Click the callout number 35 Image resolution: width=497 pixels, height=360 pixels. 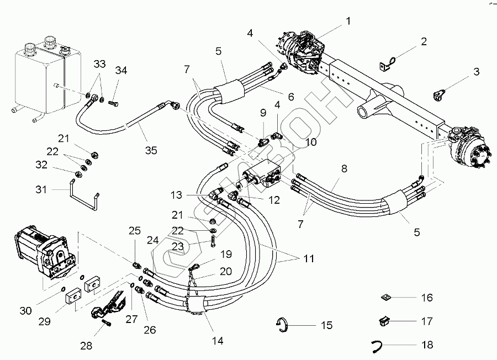click(151, 150)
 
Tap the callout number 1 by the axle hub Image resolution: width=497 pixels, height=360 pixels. click(348, 21)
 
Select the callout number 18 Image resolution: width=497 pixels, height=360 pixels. click(427, 345)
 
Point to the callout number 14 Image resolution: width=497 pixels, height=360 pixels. click(218, 341)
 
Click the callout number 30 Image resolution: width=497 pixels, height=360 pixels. click(25, 310)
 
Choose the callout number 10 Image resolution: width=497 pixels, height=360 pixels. click(311, 142)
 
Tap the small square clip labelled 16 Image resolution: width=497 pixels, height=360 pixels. click(385, 298)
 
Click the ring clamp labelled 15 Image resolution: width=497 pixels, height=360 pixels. click(282, 325)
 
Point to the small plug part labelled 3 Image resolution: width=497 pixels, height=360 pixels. click(438, 96)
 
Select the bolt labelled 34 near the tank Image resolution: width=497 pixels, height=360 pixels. click(113, 103)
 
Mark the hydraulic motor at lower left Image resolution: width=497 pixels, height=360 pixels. click(45, 252)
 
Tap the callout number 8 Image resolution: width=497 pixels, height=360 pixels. click(344, 168)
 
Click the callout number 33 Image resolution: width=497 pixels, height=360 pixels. click(99, 63)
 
